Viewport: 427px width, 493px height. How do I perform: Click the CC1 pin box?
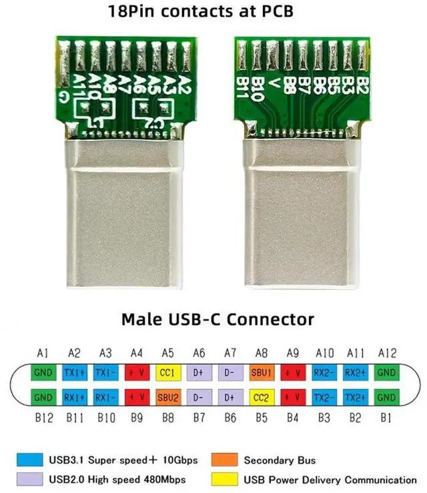(167, 372)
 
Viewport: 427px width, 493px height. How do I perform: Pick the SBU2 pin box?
(167, 398)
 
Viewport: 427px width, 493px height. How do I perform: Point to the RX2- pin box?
(325, 372)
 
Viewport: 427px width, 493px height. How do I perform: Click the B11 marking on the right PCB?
(242, 87)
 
